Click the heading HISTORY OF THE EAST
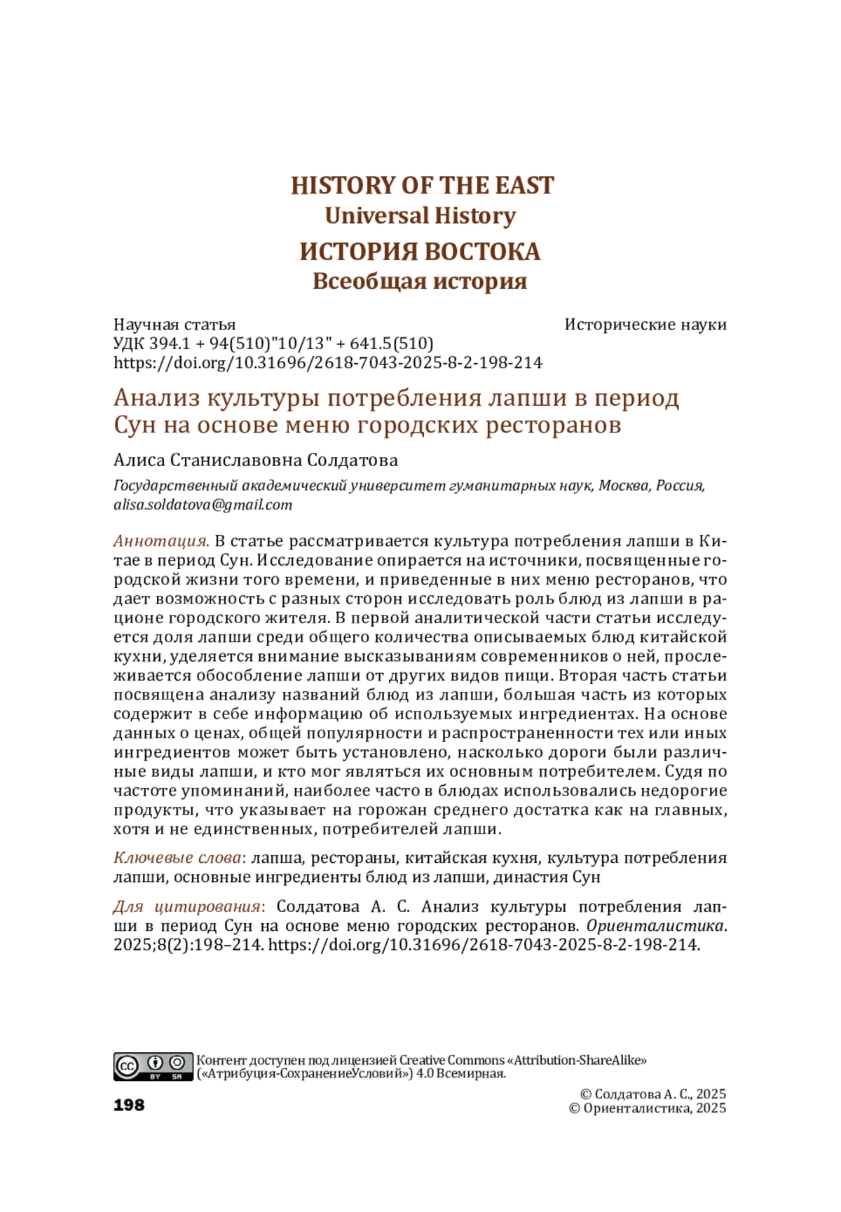point(422,186)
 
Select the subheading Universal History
point(420,216)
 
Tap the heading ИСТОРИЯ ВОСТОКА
point(420,251)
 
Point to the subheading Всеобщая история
point(420,281)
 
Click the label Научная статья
point(175,325)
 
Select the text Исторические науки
point(645,325)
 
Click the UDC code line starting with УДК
point(273,343)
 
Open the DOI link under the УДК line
point(328,362)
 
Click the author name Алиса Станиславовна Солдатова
point(256,461)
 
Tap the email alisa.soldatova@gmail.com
point(203,505)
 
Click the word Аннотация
point(161,541)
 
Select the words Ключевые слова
point(177,858)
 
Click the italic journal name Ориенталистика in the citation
point(654,926)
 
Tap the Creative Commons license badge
point(153,1066)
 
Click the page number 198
point(129,1105)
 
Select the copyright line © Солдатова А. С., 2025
point(653,1094)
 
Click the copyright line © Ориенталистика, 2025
point(647,1108)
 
